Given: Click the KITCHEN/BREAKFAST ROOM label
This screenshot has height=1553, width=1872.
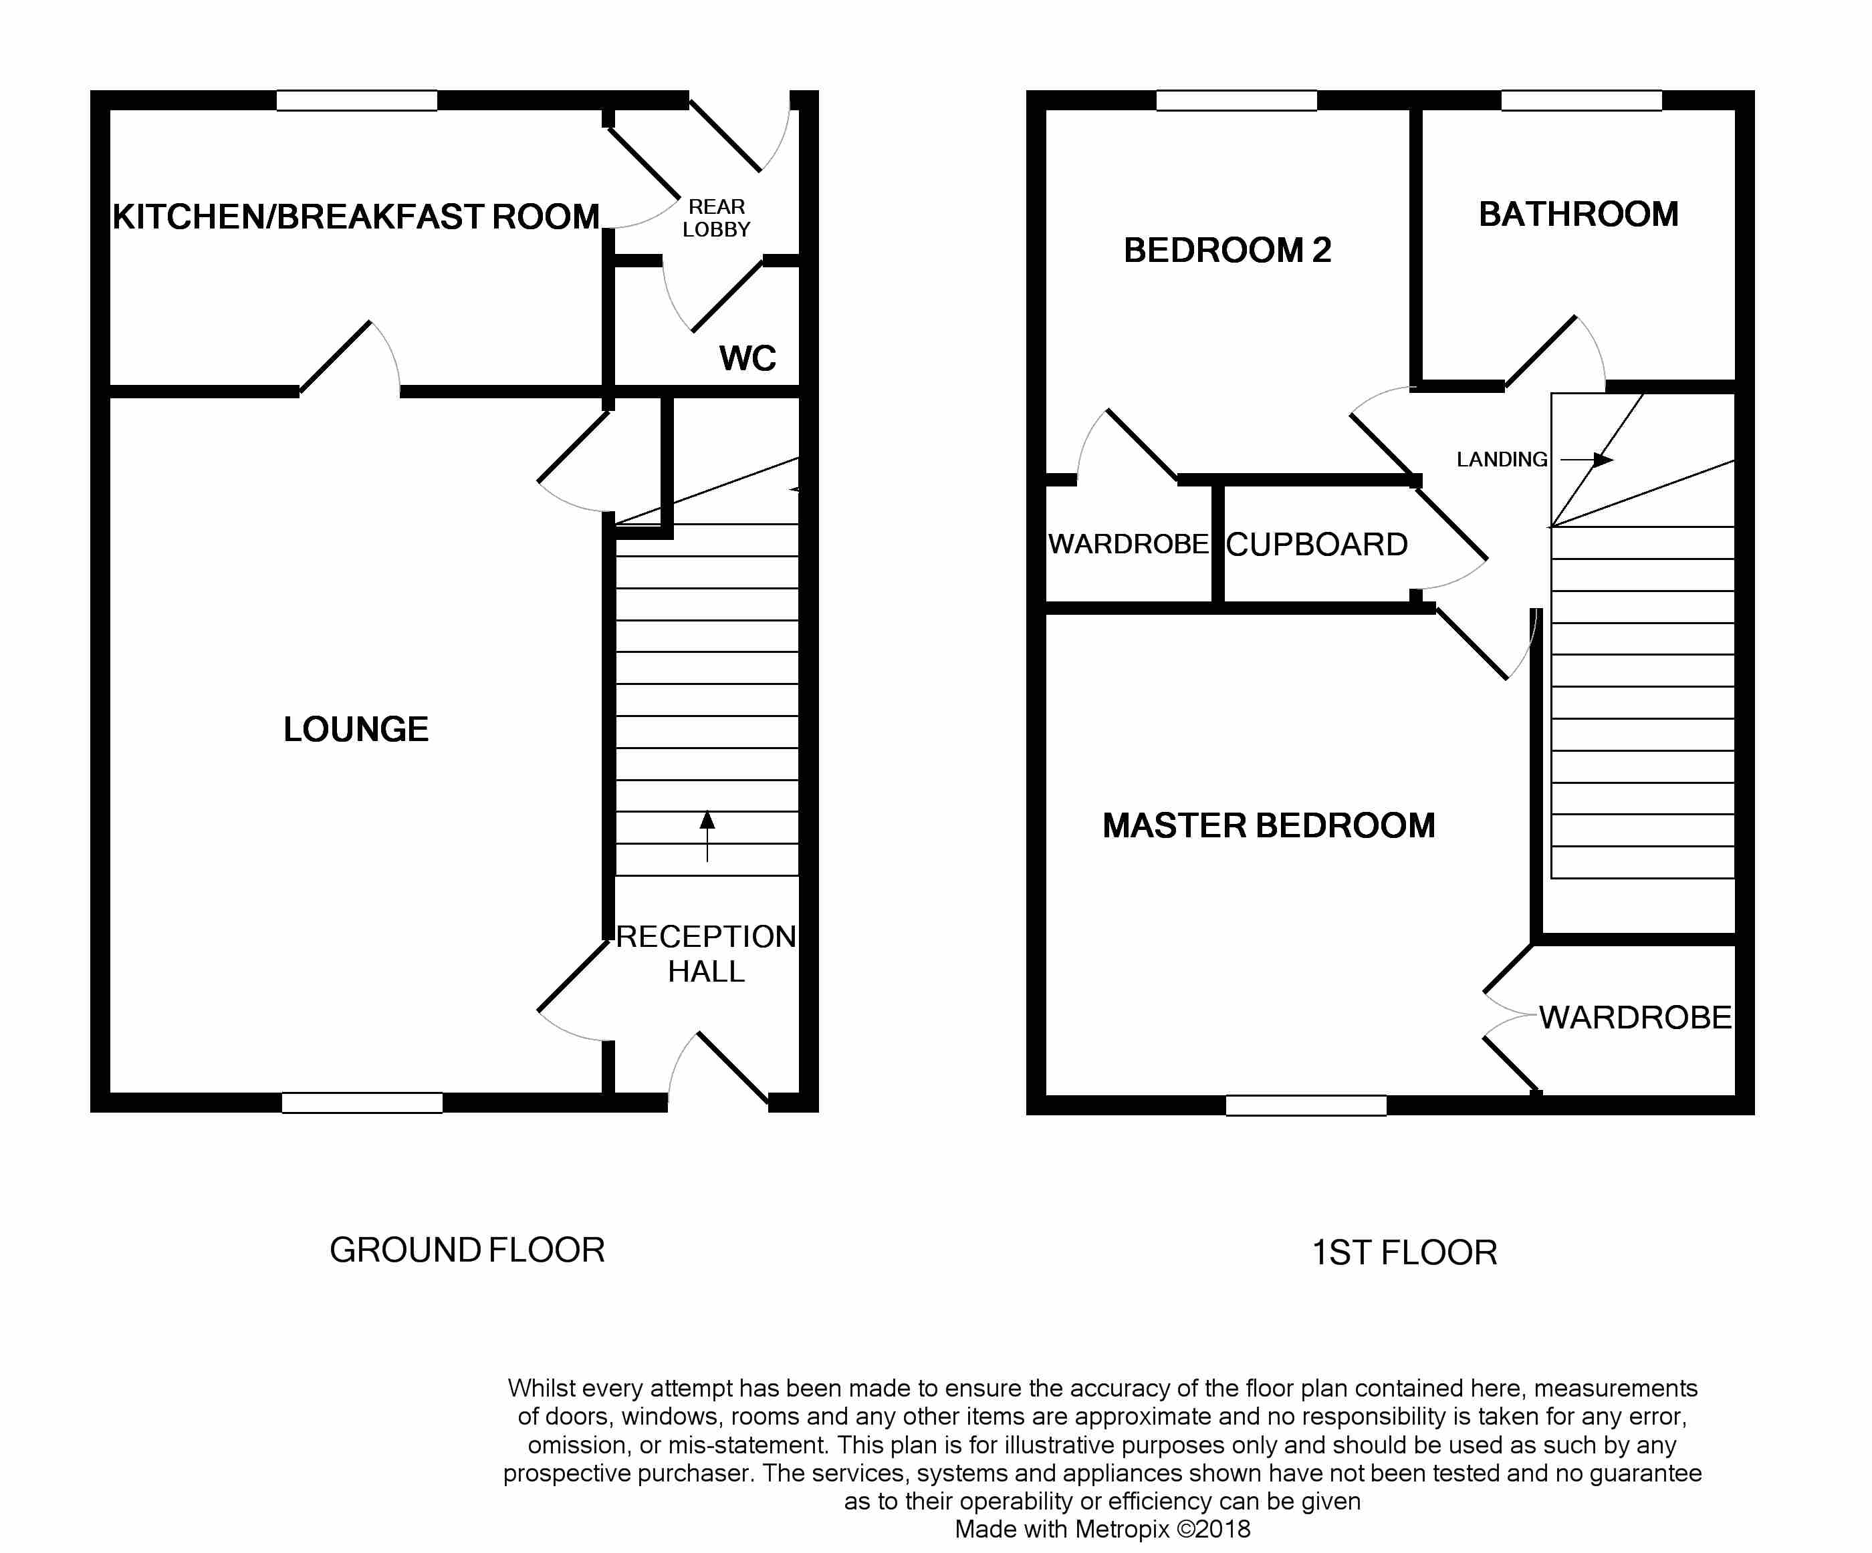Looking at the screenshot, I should coord(356,217).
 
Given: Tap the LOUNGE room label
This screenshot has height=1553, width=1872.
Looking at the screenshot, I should coord(356,729).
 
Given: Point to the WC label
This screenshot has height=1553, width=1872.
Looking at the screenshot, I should coord(747,358).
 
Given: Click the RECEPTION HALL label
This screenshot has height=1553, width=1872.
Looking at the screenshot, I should coord(706,954).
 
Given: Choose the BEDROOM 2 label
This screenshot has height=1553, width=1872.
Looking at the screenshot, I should coord(1227,251).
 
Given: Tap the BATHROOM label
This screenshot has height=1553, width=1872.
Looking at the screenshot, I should coord(1578,215).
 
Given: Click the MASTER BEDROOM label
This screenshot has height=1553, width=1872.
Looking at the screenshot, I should coord(1268,825).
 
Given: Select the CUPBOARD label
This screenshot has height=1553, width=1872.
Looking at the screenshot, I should coord(1316,545).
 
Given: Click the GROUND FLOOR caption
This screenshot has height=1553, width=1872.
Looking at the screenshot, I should coord(467,1250).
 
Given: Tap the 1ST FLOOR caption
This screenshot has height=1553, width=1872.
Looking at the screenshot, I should coord(1404,1253).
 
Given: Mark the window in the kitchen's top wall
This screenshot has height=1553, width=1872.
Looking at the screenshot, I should coord(356,101).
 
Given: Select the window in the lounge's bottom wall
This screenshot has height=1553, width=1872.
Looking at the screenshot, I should coord(362,1102).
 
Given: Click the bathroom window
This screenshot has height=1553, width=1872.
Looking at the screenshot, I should coord(1581,101).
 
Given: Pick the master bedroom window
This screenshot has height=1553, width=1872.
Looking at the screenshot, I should coord(1306,1105).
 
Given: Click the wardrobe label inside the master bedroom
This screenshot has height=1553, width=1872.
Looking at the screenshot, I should coord(1635,1018).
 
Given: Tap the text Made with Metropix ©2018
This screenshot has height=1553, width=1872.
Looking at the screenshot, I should coord(1102,1529).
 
